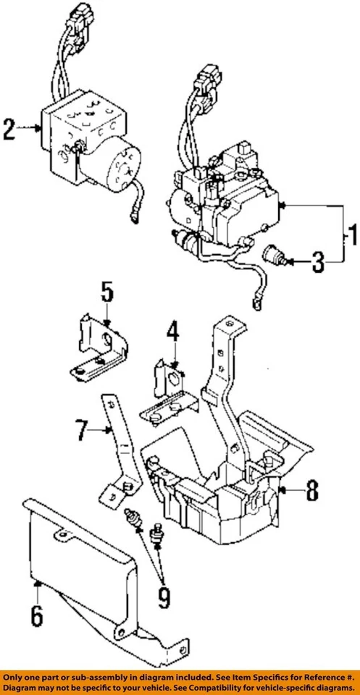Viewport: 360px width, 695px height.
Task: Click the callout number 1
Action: point(351,235)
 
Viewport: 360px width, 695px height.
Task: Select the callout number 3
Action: point(318,262)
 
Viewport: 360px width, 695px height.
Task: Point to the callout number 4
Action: point(172,334)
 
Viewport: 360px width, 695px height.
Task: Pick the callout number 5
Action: point(106,293)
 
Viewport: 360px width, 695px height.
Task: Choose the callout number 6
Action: point(37,617)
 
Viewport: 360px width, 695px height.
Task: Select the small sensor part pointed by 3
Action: point(275,256)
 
